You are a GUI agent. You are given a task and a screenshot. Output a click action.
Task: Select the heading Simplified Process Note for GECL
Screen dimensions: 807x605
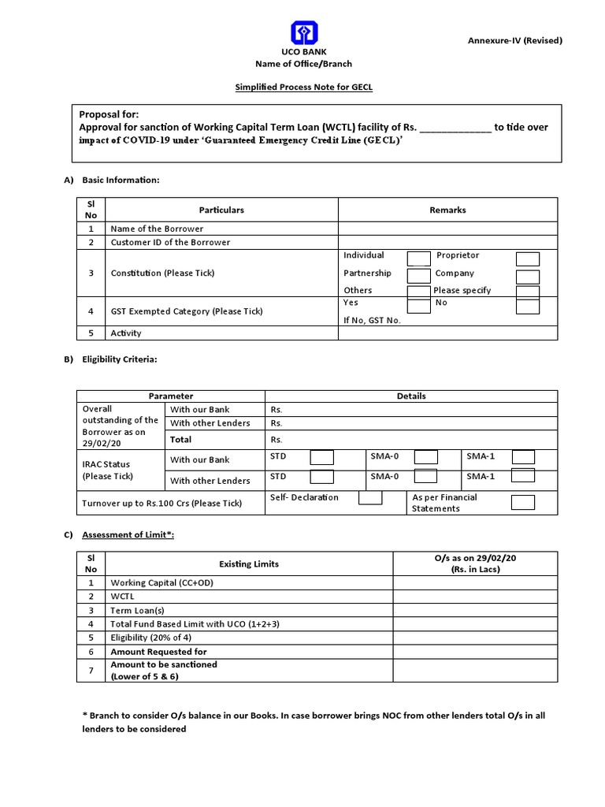click(x=303, y=87)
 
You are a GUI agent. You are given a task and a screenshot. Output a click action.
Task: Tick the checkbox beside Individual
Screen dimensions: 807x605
click(x=419, y=258)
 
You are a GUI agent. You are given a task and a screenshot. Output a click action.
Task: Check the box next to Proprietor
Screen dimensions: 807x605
click(x=527, y=259)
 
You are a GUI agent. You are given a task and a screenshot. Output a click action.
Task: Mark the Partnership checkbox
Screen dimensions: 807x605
click(x=419, y=276)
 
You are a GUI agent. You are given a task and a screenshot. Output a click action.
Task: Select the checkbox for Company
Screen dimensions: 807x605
click(x=527, y=277)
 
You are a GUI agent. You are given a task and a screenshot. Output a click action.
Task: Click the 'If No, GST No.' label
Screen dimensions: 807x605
click(x=372, y=320)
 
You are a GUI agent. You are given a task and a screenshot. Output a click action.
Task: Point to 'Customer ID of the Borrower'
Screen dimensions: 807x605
click(x=170, y=242)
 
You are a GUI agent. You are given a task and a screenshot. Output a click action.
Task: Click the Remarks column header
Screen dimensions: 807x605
click(x=447, y=210)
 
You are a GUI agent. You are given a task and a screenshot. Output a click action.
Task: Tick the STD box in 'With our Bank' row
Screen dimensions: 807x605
click(x=321, y=458)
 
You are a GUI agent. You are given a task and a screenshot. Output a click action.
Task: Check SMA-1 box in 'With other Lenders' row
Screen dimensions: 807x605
click(x=523, y=475)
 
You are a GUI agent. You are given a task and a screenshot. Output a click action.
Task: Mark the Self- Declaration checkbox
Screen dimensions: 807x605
click(x=370, y=498)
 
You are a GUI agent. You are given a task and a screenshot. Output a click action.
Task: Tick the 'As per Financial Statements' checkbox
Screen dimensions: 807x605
click(x=523, y=503)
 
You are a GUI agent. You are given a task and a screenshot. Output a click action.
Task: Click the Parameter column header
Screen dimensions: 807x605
click(x=171, y=396)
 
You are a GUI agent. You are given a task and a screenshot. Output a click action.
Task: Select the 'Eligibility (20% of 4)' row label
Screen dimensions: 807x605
click(x=151, y=638)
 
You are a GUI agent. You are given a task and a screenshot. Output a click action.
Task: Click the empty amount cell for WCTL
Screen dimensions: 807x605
click(x=475, y=597)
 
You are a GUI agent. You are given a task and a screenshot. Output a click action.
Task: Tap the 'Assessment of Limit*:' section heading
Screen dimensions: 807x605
click(x=128, y=535)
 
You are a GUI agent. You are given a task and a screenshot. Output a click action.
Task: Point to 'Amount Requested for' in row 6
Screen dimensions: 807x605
click(x=159, y=652)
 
